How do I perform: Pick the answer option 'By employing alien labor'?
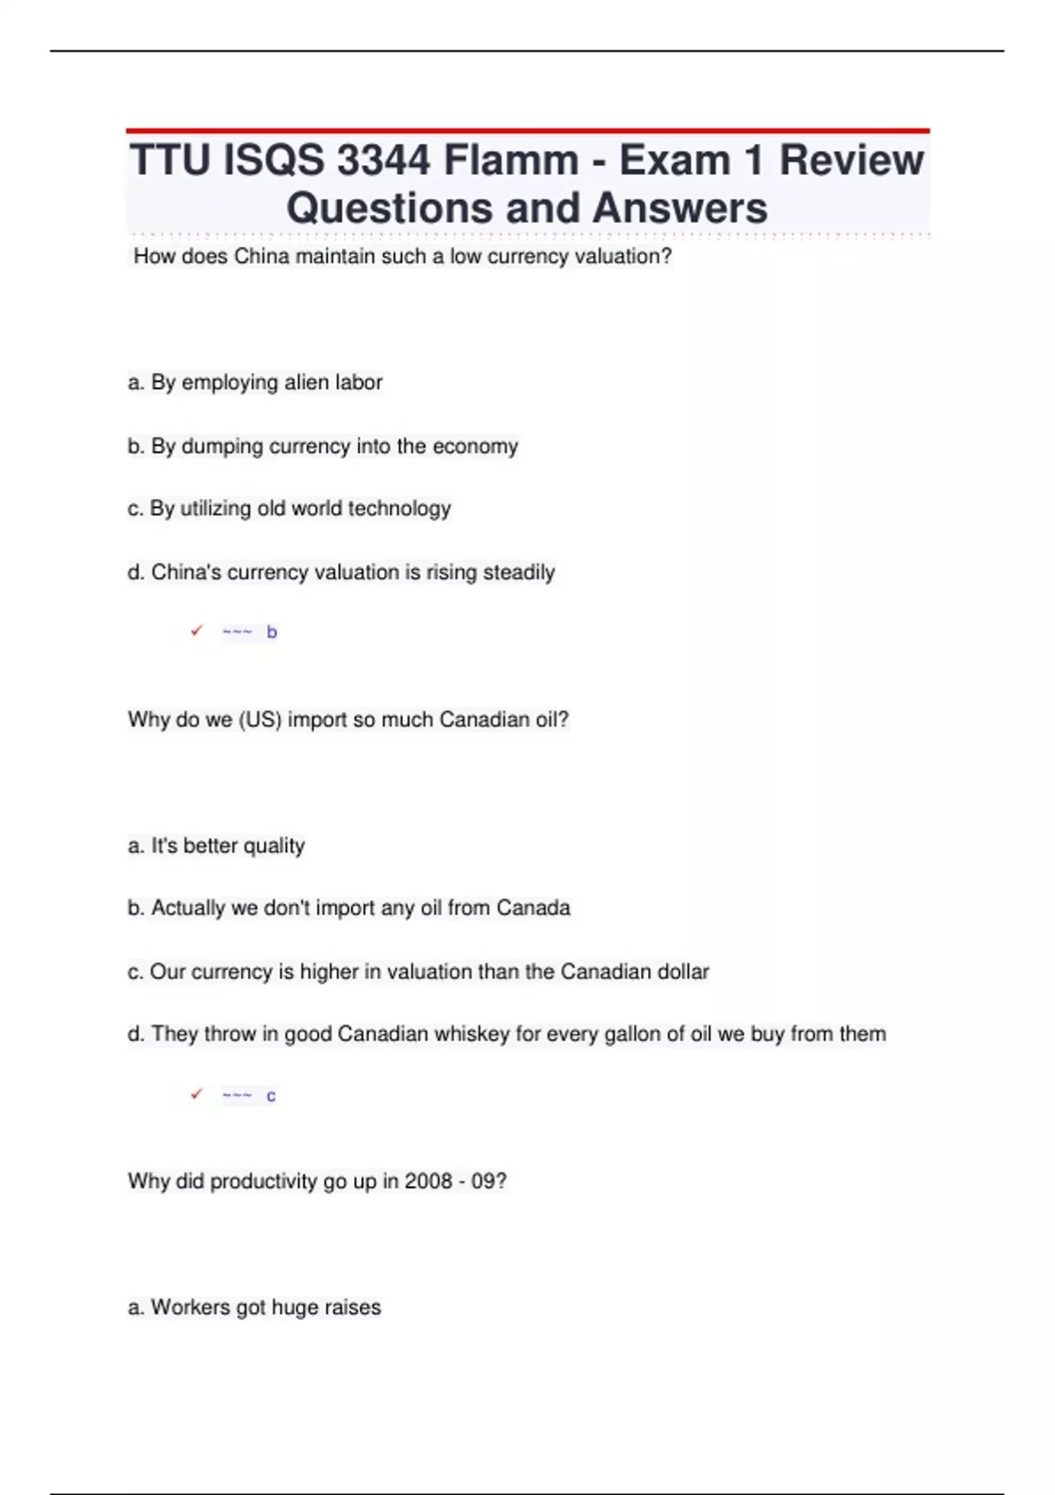coord(255,383)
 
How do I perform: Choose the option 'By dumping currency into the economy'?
coord(323,446)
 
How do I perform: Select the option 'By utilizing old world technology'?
coord(289,508)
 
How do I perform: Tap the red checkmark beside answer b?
coord(197,631)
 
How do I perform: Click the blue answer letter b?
coord(272,632)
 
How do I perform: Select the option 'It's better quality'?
coord(216,846)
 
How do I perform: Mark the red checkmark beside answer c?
coord(197,1094)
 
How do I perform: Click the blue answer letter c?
coord(271,1096)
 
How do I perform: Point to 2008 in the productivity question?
coord(428,1181)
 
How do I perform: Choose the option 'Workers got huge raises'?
coord(254,1308)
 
